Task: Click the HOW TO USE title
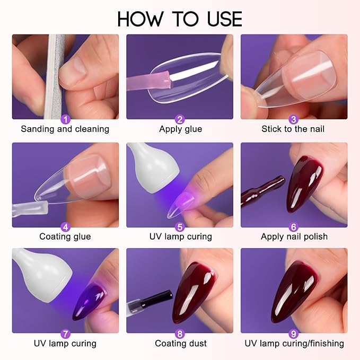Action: tap(180, 19)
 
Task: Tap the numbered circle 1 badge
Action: tap(65, 119)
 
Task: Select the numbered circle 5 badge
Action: tap(180, 227)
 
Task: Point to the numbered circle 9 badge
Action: tap(294, 334)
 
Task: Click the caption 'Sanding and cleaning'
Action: tap(65, 129)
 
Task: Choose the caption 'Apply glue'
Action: tap(180, 129)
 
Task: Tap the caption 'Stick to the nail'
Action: tap(293, 129)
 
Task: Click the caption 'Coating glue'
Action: tap(65, 236)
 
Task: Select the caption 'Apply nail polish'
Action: tap(294, 236)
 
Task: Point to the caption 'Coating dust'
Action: tap(180, 344)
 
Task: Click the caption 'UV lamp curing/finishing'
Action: tap(294, 344)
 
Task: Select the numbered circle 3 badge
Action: tap(294, 119)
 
